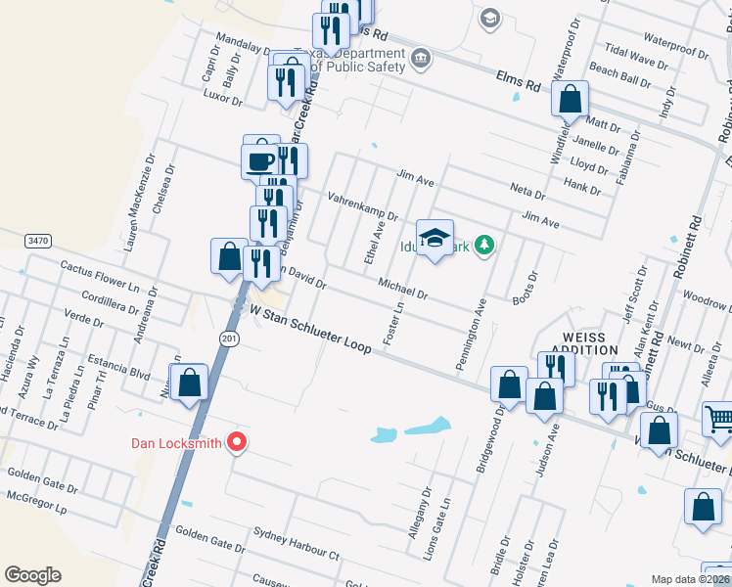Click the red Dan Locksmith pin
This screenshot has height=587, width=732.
click(236, 443)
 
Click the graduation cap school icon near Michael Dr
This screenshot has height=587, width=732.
click(435, 238)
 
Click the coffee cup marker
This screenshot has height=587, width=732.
click(261, 160)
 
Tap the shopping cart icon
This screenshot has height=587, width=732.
click(719, 420)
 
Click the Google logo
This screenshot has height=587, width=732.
click(32, 575)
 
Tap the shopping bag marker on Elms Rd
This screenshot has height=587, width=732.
click(570, 99)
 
